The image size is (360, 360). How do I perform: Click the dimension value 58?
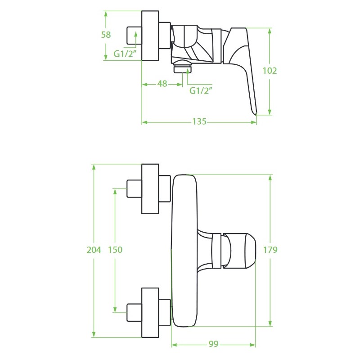(106, 35)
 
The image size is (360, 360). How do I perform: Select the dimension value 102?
(270, 71)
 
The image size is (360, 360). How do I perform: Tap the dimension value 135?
(199, 121)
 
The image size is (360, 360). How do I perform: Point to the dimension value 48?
(162, 84)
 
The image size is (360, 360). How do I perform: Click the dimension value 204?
(94, 250)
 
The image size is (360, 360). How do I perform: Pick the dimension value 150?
(115, 250)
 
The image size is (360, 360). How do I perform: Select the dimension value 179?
(270, 250)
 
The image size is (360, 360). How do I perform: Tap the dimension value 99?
(213, 344)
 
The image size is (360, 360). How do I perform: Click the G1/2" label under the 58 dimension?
(126, 54)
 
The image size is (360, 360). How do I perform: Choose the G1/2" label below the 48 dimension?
(201, 91)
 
